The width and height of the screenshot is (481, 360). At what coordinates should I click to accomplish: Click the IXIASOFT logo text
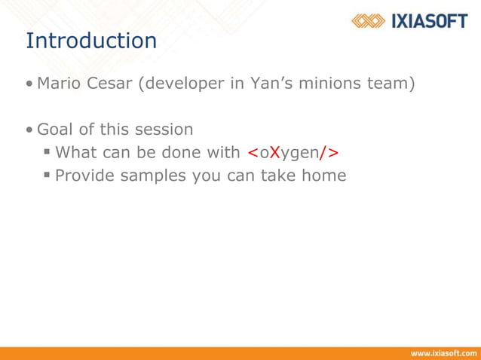(430, 20)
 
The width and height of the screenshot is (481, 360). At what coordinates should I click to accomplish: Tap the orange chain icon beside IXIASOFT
(369, 20)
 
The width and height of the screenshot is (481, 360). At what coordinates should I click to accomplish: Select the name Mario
(59, 83)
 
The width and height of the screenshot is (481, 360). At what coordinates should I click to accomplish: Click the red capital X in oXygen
(275, 153)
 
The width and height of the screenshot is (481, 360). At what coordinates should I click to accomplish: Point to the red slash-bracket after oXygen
(329, 153)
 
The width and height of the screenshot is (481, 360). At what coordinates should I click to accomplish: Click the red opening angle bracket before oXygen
(253, 153)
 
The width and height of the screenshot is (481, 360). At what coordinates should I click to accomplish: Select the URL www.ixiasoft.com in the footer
(443, 352)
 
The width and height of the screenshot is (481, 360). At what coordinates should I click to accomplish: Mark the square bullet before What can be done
(47, 152)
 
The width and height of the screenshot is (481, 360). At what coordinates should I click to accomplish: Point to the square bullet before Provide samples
(47, 175)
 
